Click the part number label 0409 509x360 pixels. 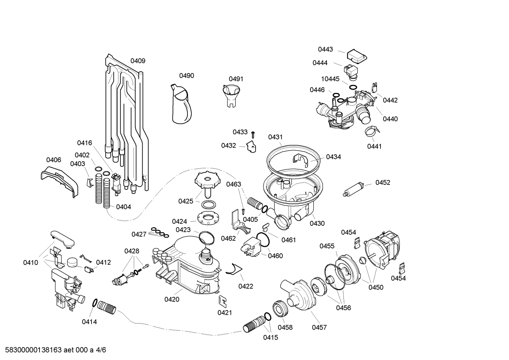[138, 61]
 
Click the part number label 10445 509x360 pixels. [330, 79]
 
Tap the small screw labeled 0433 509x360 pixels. [253, 134]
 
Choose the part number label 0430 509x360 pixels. [317, 223]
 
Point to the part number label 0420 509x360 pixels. [172, 300]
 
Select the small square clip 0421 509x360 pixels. [223, 301]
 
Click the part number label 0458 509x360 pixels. [285, 327]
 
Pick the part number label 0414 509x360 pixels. [89, 322]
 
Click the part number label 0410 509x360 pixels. [31, 262]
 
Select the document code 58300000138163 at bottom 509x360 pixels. [31, 350]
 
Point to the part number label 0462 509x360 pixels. [228, 238]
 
